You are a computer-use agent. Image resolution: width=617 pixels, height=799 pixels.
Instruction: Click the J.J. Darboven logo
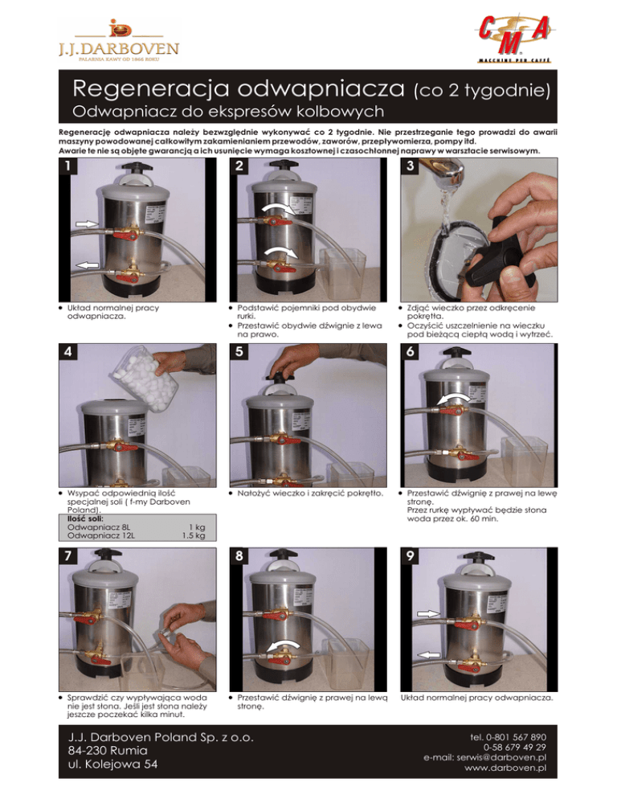[x=119, y=41]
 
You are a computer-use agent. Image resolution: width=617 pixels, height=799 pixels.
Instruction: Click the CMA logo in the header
[x=514, y=39]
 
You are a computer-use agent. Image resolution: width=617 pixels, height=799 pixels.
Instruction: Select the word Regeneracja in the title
[x=153, y=88]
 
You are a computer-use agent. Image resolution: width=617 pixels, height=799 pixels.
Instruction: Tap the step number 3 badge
[x=411, y=166]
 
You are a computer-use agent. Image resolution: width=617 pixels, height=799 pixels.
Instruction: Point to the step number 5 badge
[x=239, y=351]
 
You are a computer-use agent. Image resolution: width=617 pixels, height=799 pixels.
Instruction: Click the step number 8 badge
[x=239, y=555]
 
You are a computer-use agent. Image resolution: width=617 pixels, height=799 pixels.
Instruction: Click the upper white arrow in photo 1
[x=87, y=223]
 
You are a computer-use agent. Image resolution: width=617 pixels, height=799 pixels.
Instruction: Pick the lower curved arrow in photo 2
[x=280, y=252]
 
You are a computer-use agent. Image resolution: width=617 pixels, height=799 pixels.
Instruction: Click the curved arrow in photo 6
[x=454, y=398]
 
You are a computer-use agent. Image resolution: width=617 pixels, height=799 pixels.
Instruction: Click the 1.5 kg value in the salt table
[x=194, y=535]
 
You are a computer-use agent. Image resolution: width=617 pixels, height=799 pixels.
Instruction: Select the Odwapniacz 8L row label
[x=100, y=527]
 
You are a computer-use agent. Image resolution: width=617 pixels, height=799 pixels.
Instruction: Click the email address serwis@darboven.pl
[x=484, y=758]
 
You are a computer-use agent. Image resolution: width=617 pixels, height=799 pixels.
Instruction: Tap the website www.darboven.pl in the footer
[x=505, y=768]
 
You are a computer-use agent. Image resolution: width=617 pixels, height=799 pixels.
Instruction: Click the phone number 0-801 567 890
[x=515, y=737]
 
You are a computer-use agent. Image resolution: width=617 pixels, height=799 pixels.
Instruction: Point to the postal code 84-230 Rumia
[x=108, y=751]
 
